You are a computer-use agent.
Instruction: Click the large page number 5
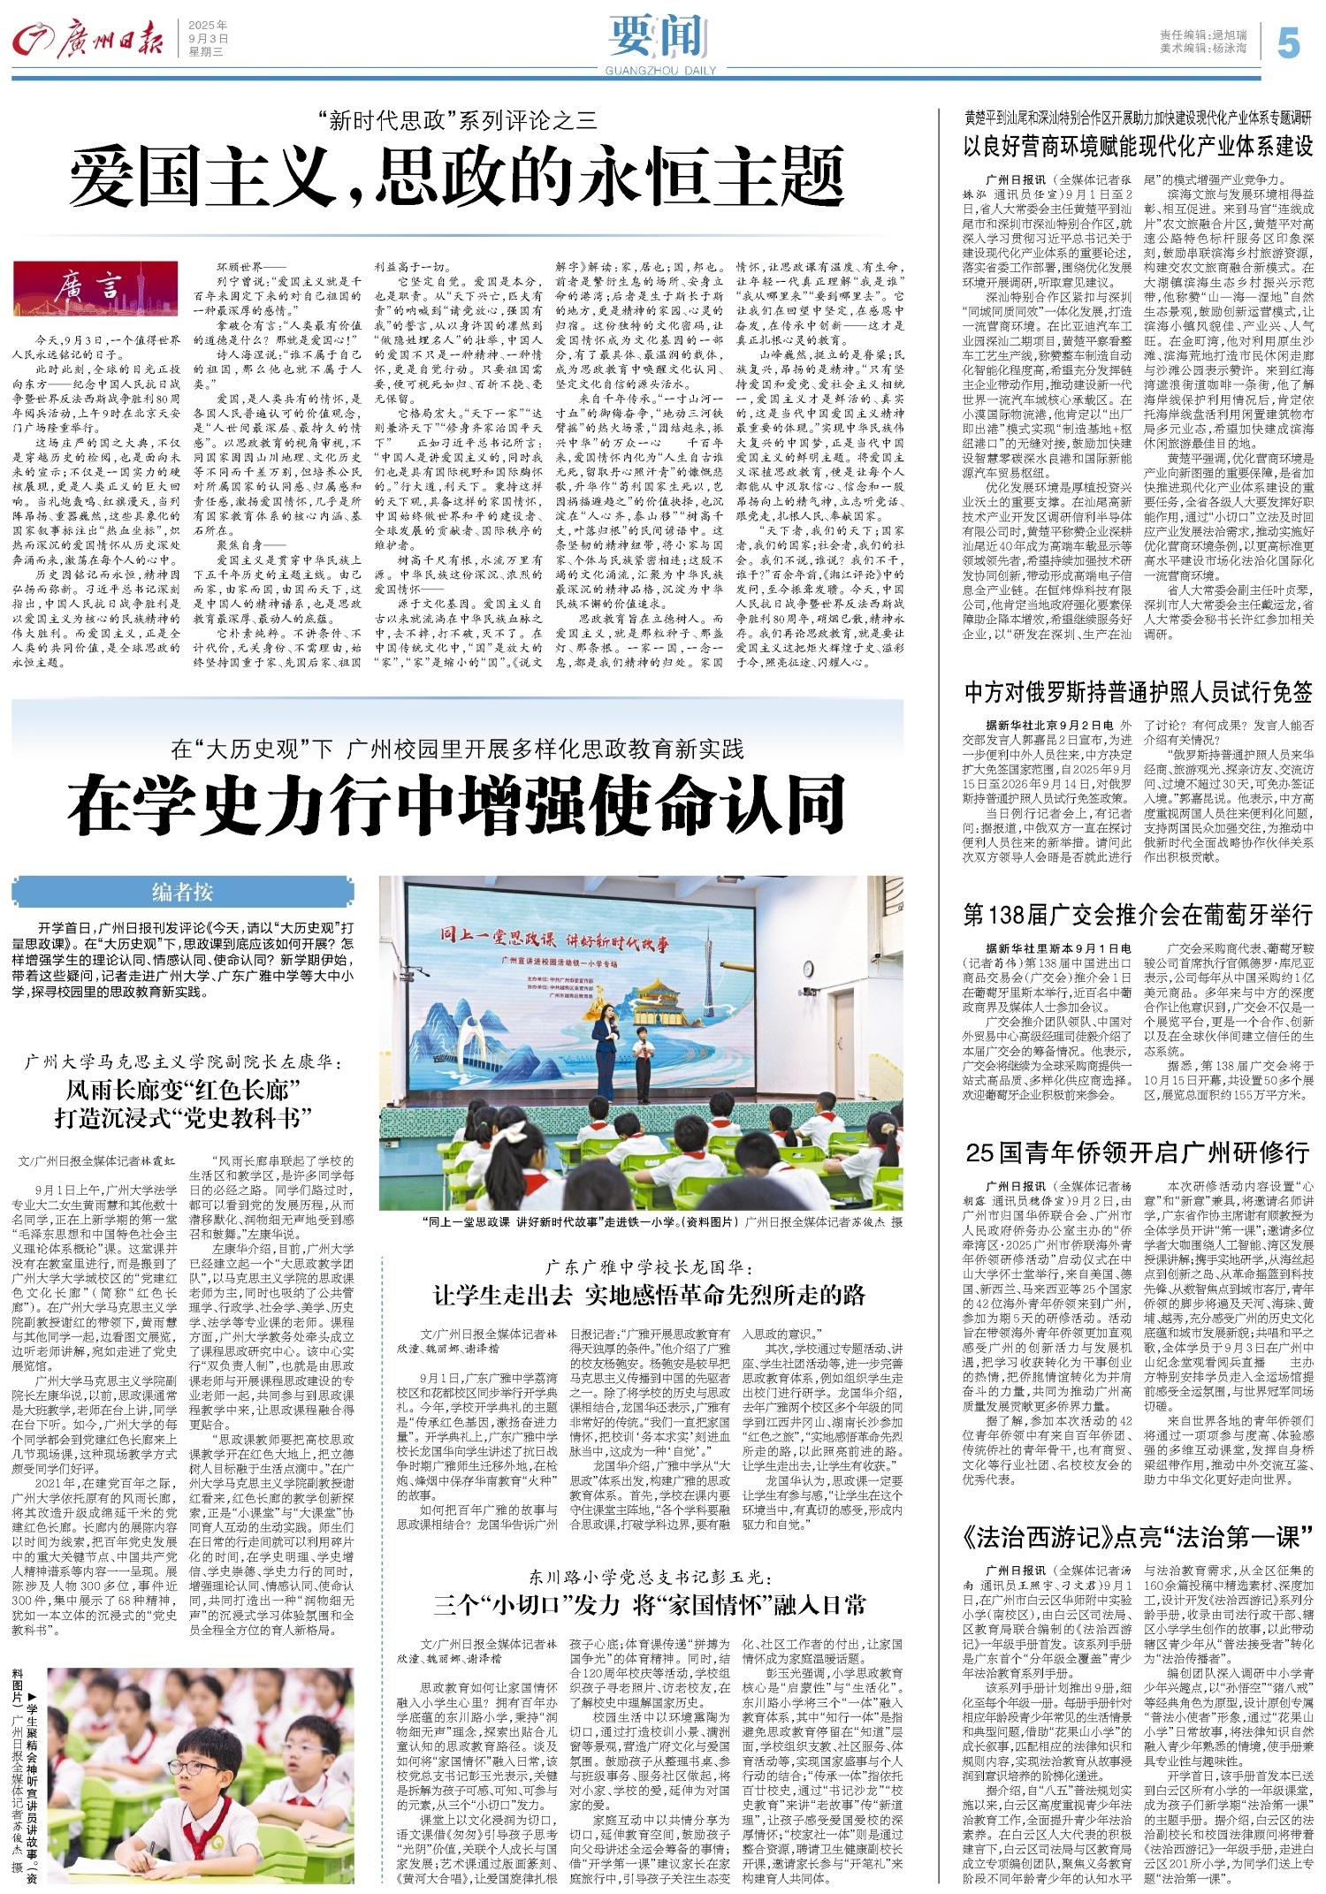(1288, 42)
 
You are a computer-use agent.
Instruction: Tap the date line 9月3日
(208, 39)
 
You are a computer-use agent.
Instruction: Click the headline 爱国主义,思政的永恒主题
(457, 177)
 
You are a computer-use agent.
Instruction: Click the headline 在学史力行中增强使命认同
(457, 803)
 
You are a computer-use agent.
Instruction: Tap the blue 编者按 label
(182, 892)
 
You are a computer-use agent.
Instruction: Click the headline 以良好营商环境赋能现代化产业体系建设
(1138, 146)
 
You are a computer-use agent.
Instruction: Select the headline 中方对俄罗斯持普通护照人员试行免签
(1138, 692)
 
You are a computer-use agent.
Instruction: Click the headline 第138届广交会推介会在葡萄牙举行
(1138, 914)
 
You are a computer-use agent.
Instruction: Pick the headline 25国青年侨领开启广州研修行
(1138, 1152)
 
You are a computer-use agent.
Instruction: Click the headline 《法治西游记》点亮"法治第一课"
(1138, 1538)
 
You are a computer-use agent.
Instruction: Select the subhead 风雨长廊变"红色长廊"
(184, 1089)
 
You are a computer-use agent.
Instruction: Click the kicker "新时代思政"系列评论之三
(457, 120)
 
